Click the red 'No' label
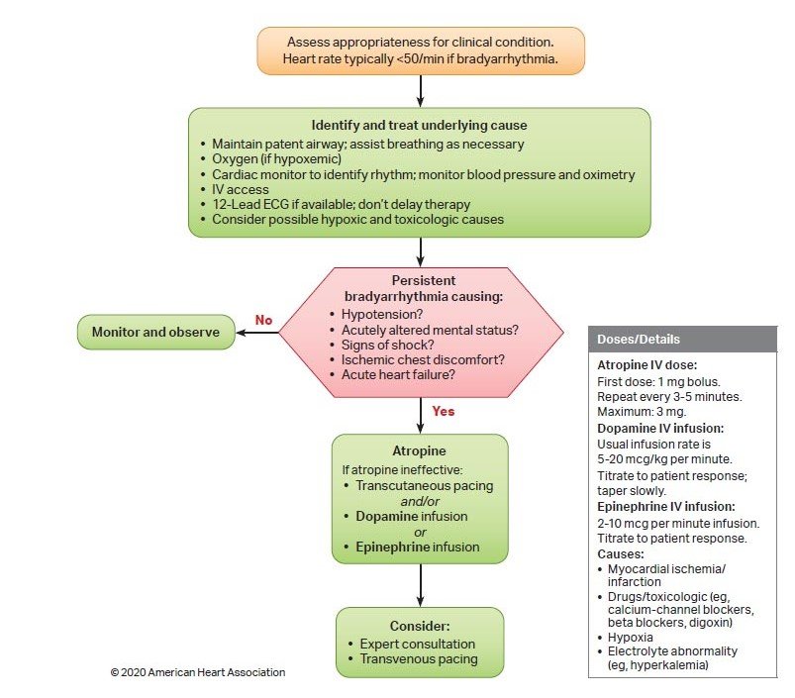pos(263,320)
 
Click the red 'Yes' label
pos(444,411)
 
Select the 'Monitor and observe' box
pos(156,332)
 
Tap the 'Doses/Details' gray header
pos(682,340)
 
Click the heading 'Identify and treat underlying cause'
pos(420,125)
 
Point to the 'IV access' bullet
pos(241,189)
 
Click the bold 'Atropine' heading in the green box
pos(420,450)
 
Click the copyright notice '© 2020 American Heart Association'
pos(198,672)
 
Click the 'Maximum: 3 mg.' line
pos(642,412)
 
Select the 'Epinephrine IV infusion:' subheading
pos(665,506)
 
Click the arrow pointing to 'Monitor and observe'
pos(257,333)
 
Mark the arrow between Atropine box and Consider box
pos(421,585)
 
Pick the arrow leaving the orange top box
pos(421,91)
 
